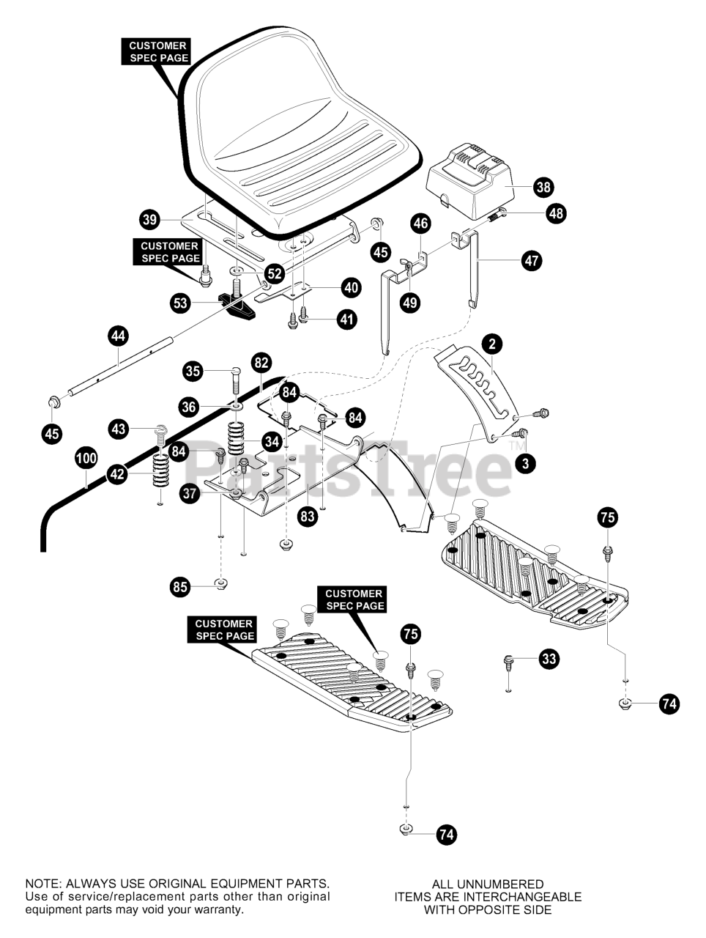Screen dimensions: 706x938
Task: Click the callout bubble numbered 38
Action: click(543, 187)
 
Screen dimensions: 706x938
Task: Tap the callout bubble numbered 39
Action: click(149, 219)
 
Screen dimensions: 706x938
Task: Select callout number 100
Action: click(86, 459)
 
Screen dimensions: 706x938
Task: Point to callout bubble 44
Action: click(118, 336)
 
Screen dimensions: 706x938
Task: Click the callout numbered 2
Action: click(492, 342)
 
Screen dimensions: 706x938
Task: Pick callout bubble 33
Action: click(548, 659)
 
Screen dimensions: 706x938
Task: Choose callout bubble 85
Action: click(180, 586)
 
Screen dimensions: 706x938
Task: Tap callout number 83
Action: click(308, 516)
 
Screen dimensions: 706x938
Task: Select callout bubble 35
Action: click(193, 372)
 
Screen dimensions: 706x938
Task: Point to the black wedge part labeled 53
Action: click(238, 306)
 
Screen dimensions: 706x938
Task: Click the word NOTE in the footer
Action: click(42, 885)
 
